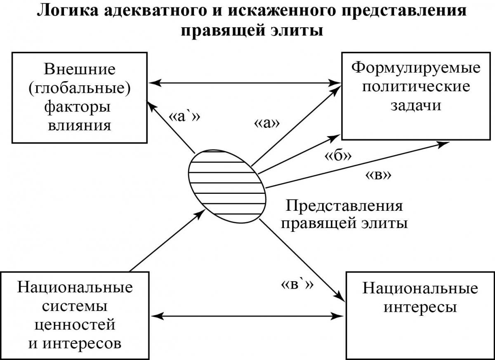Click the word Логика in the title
(x=67, y=10)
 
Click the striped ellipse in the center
(x=227, y=187)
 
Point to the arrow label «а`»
(x=184, y=117)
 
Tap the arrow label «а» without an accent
(x=267, y=124)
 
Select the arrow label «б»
(x=338, y=155)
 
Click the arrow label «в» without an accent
(x=378, y=176)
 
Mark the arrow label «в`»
(x=297, y=285)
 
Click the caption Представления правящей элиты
(x=344, y=215)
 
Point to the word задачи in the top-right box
(x=416, y=106)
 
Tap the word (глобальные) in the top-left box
(x=80, y=88)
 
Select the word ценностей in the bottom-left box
(x=75, y=325)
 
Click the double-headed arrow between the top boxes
(x=245, y=83)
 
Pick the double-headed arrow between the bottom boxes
(x=247, y=316)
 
